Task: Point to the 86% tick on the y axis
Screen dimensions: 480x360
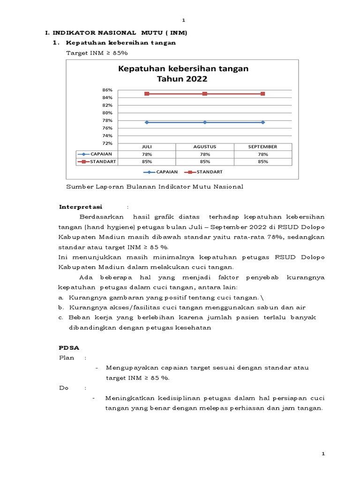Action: [107, 90]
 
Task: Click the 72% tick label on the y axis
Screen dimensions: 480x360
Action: [107, 143]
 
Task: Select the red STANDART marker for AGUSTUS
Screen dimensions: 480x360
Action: [205, 94]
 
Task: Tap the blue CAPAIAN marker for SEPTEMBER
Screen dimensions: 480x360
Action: [262, 122]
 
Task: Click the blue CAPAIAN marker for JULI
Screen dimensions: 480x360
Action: [147, 122]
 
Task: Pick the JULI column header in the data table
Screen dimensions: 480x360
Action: [147, 147]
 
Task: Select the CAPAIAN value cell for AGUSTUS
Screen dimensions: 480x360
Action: [205, 154]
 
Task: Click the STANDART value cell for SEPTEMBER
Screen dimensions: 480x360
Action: [262, 161]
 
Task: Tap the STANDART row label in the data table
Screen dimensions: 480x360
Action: [103, 161]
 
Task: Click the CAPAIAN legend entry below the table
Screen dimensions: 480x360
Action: [162, 172]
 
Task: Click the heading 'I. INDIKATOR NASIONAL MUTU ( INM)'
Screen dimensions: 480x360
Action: [116, 33]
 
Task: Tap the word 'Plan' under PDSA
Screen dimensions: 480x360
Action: [67, 358]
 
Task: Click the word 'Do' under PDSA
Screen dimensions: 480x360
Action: [63, 388]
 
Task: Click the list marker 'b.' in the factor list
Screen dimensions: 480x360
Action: [61, 307]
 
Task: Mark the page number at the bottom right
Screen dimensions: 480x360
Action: [323, 455]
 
